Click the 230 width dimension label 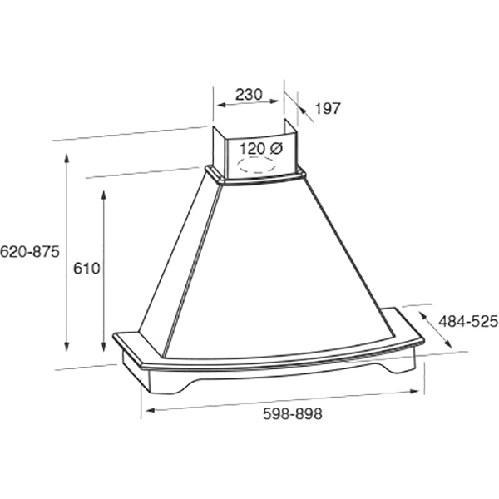[x=249, y=94]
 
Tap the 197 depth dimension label [x=328, y=108]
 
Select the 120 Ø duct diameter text [x=260, y=149]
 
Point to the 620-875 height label [x=30, y=252]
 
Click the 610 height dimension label [x=86, y=269]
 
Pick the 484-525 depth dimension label [x=467, y=321]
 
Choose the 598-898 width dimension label [x=293, y=413]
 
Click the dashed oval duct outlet [x=256, y=165]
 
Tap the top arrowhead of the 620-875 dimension [x=67, y=158]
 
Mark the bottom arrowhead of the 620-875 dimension [x=67, y=346]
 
